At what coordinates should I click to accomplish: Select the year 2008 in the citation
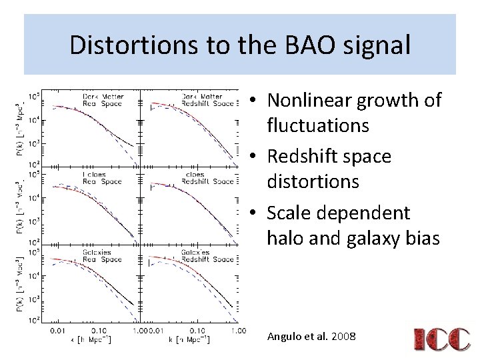(x=343, y=336)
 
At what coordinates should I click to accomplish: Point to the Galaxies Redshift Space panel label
(x=207, y=257)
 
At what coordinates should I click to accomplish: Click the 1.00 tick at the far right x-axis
(x=235, y=330)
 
